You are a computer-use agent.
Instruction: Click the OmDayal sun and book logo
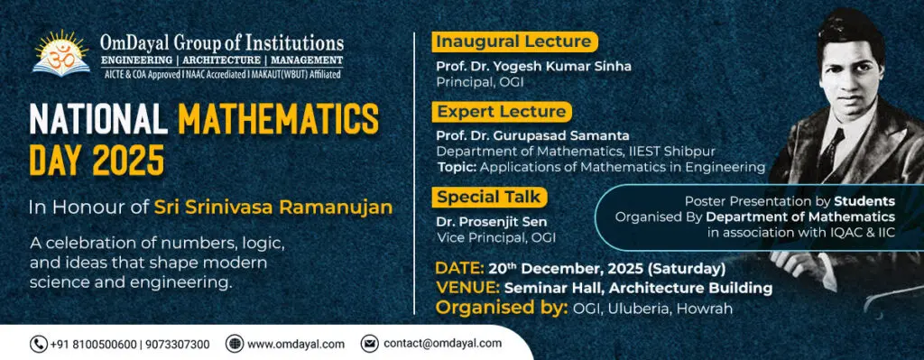[62, 53]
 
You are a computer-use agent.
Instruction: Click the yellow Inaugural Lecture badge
[514, 42]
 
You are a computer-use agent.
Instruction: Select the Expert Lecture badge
[502, 111]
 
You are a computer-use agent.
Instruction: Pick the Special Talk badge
[489, 198]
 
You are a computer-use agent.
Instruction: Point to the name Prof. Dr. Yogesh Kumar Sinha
[533, 66]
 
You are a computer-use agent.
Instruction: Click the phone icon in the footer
[39, 344]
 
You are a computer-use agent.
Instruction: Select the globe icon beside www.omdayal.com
[234, 344]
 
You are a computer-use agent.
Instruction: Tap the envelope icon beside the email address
[369, 344]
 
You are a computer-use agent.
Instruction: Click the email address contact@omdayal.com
[442, 344]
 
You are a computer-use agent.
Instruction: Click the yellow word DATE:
[460, 269]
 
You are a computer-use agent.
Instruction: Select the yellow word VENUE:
[468, 288]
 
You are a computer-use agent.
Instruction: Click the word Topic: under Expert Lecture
[457, 167]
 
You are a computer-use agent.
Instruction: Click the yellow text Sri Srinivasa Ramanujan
[273, 208]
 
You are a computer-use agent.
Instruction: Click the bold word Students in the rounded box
[864, 201]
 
